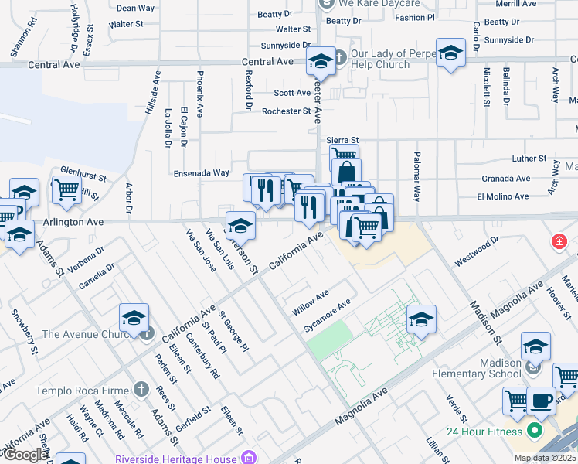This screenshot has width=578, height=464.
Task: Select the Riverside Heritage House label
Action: [x=186, y=458]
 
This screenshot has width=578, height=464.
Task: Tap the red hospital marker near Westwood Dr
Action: [x=558, y=243]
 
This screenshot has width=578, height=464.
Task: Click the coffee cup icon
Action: [x=542, y=401]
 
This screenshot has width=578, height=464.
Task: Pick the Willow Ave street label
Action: [x=310, y=302]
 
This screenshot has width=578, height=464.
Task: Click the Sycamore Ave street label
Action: [x=327, y=316]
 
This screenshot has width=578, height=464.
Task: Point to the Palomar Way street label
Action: [x=416, y=176]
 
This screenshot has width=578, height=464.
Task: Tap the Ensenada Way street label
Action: [x=201, y=173]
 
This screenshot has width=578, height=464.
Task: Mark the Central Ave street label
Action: [x=267, y=61]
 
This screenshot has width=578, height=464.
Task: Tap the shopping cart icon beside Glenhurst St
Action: [x=66, y=188]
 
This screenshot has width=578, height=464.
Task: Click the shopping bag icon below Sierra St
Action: [x=346, y=171]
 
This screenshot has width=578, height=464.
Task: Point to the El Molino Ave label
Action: [x=502, y=196]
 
